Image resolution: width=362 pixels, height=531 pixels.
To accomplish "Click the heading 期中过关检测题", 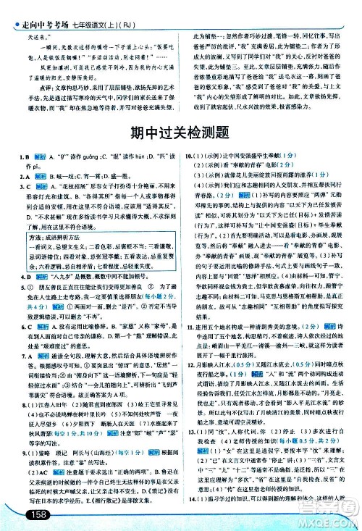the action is pos(180,133).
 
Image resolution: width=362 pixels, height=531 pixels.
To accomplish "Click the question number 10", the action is pos(188,156).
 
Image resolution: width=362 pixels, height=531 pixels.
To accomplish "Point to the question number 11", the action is pos(188,346).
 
